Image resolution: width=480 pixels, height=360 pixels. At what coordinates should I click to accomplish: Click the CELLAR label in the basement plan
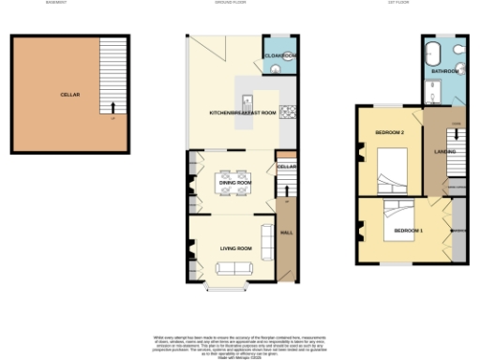point(69,95)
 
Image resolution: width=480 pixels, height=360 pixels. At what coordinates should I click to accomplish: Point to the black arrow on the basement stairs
point(113,108)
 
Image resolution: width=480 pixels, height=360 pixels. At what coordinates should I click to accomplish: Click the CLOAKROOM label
point(280,56)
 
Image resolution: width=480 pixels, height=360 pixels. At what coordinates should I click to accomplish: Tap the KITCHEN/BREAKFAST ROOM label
point(242,112)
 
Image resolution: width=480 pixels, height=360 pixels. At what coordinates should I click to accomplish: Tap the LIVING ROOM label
point(236,248)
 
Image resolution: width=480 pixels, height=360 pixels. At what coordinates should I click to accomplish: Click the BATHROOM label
point(445,70)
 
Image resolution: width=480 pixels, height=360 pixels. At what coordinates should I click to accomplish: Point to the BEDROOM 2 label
point(389,133)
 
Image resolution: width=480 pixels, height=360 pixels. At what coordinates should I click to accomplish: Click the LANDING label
point(444,151)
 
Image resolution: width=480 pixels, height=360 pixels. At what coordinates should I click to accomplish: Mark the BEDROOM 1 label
point(408,231)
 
